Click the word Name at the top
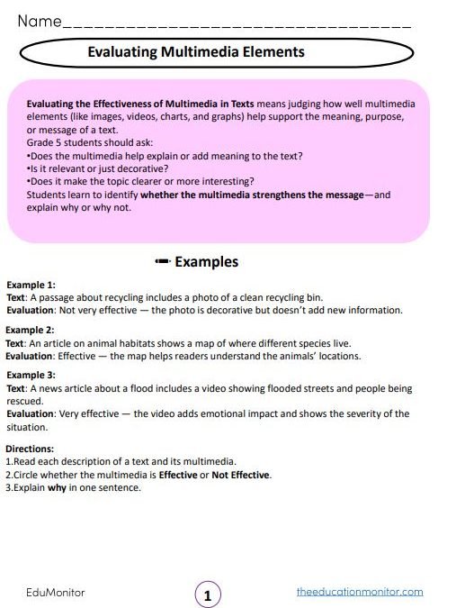37,19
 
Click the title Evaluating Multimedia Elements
196,52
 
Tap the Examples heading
206,262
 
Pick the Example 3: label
31,375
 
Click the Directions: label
30,448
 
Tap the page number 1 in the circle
208,595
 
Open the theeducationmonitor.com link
360,592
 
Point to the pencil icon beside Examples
162,262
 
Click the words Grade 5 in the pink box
44,142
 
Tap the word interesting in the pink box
228,180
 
